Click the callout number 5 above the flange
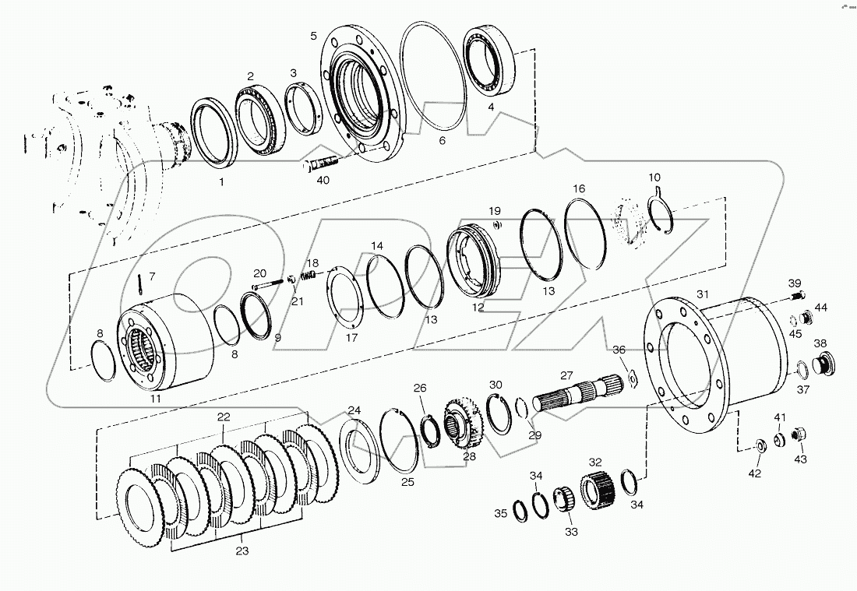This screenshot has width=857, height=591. pos(313,37)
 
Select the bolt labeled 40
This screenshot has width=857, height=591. pos(320,164)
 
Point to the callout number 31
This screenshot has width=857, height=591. pos(703,294)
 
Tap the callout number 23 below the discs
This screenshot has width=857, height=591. pos(242,551)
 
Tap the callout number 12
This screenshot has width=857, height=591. pos(477,308)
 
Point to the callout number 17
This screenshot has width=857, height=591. pos(351,338)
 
